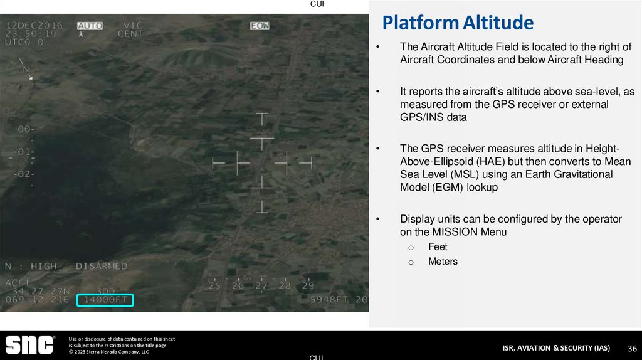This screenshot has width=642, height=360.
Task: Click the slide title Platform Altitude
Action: [x=458, y=23]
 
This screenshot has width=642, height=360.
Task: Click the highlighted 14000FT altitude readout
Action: [x=105, y=300]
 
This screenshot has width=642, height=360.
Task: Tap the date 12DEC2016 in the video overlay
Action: [x=34, y=26]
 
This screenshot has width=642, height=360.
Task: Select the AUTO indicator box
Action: [x=90, y=26]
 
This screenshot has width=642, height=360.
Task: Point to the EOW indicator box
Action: [x=260, y=26]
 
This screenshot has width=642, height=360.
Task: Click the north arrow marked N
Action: [x=26, y=68]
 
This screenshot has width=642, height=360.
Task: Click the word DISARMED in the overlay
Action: [x=101, y=267]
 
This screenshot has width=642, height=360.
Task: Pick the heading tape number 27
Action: [x=261, y=285]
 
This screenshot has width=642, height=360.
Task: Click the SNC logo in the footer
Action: [x=30, y=345]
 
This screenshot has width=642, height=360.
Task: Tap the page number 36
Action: [x=632, y=348]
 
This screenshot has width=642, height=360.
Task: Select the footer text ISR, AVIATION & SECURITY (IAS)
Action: [x=555, y=348]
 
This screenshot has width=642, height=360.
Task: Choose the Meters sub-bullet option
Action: [x=443, y=262]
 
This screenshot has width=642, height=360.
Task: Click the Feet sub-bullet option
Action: [x=438, y=247]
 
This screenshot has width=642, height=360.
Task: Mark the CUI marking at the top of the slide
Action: [x=317, y=4]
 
